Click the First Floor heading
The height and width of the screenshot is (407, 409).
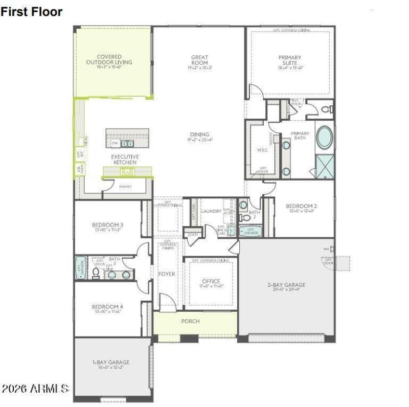[x=32, y=11]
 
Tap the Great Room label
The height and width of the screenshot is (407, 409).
[x=199, y=60]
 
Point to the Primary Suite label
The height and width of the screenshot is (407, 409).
[x=290, y=60]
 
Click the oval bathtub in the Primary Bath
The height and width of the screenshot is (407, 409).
[x=325, y=138]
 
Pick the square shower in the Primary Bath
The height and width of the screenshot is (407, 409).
[x=324, y=166]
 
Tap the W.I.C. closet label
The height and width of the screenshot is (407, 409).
[x=262, y=150]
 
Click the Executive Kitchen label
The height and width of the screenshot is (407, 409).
[x=124, y=160]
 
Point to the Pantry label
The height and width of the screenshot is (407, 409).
[x=125, y=187]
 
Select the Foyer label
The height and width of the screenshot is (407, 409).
[x=167, y=275]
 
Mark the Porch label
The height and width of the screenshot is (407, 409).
[x=190, y=321]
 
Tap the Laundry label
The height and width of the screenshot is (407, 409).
[x=211, y=211]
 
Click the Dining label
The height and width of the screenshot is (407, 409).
[x=199, y=135]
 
